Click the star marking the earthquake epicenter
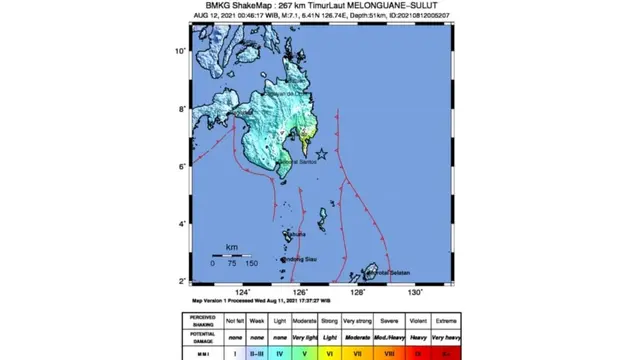(321, 152)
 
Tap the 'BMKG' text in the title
(207, 7)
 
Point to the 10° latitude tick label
(181, 50)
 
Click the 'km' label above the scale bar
(231, 246)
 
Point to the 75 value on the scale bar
(231, 262)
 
